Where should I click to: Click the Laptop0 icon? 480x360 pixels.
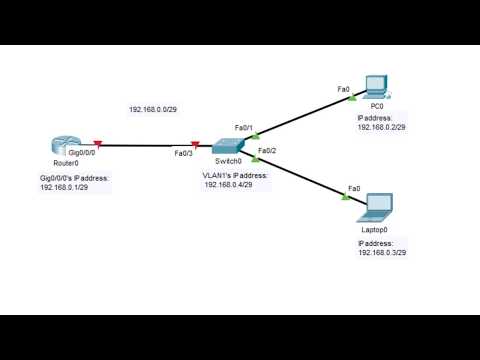[x=377, y=206]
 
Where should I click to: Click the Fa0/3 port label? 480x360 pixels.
[x=183, y=153]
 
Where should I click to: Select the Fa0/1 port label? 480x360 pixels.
[x=244, y=128]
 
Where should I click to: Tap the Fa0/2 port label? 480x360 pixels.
[x=266, y=151]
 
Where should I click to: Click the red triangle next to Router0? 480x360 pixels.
[x=97, y=145]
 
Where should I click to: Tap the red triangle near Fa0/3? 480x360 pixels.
[x=196, y=145]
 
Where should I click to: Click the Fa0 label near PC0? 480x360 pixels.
[x=343, y=90]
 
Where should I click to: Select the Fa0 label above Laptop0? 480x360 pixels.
[x=353, y=188]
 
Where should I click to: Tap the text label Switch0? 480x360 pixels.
[x=229, y=161]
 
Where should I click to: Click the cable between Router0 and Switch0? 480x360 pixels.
[x=146, y=146]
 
